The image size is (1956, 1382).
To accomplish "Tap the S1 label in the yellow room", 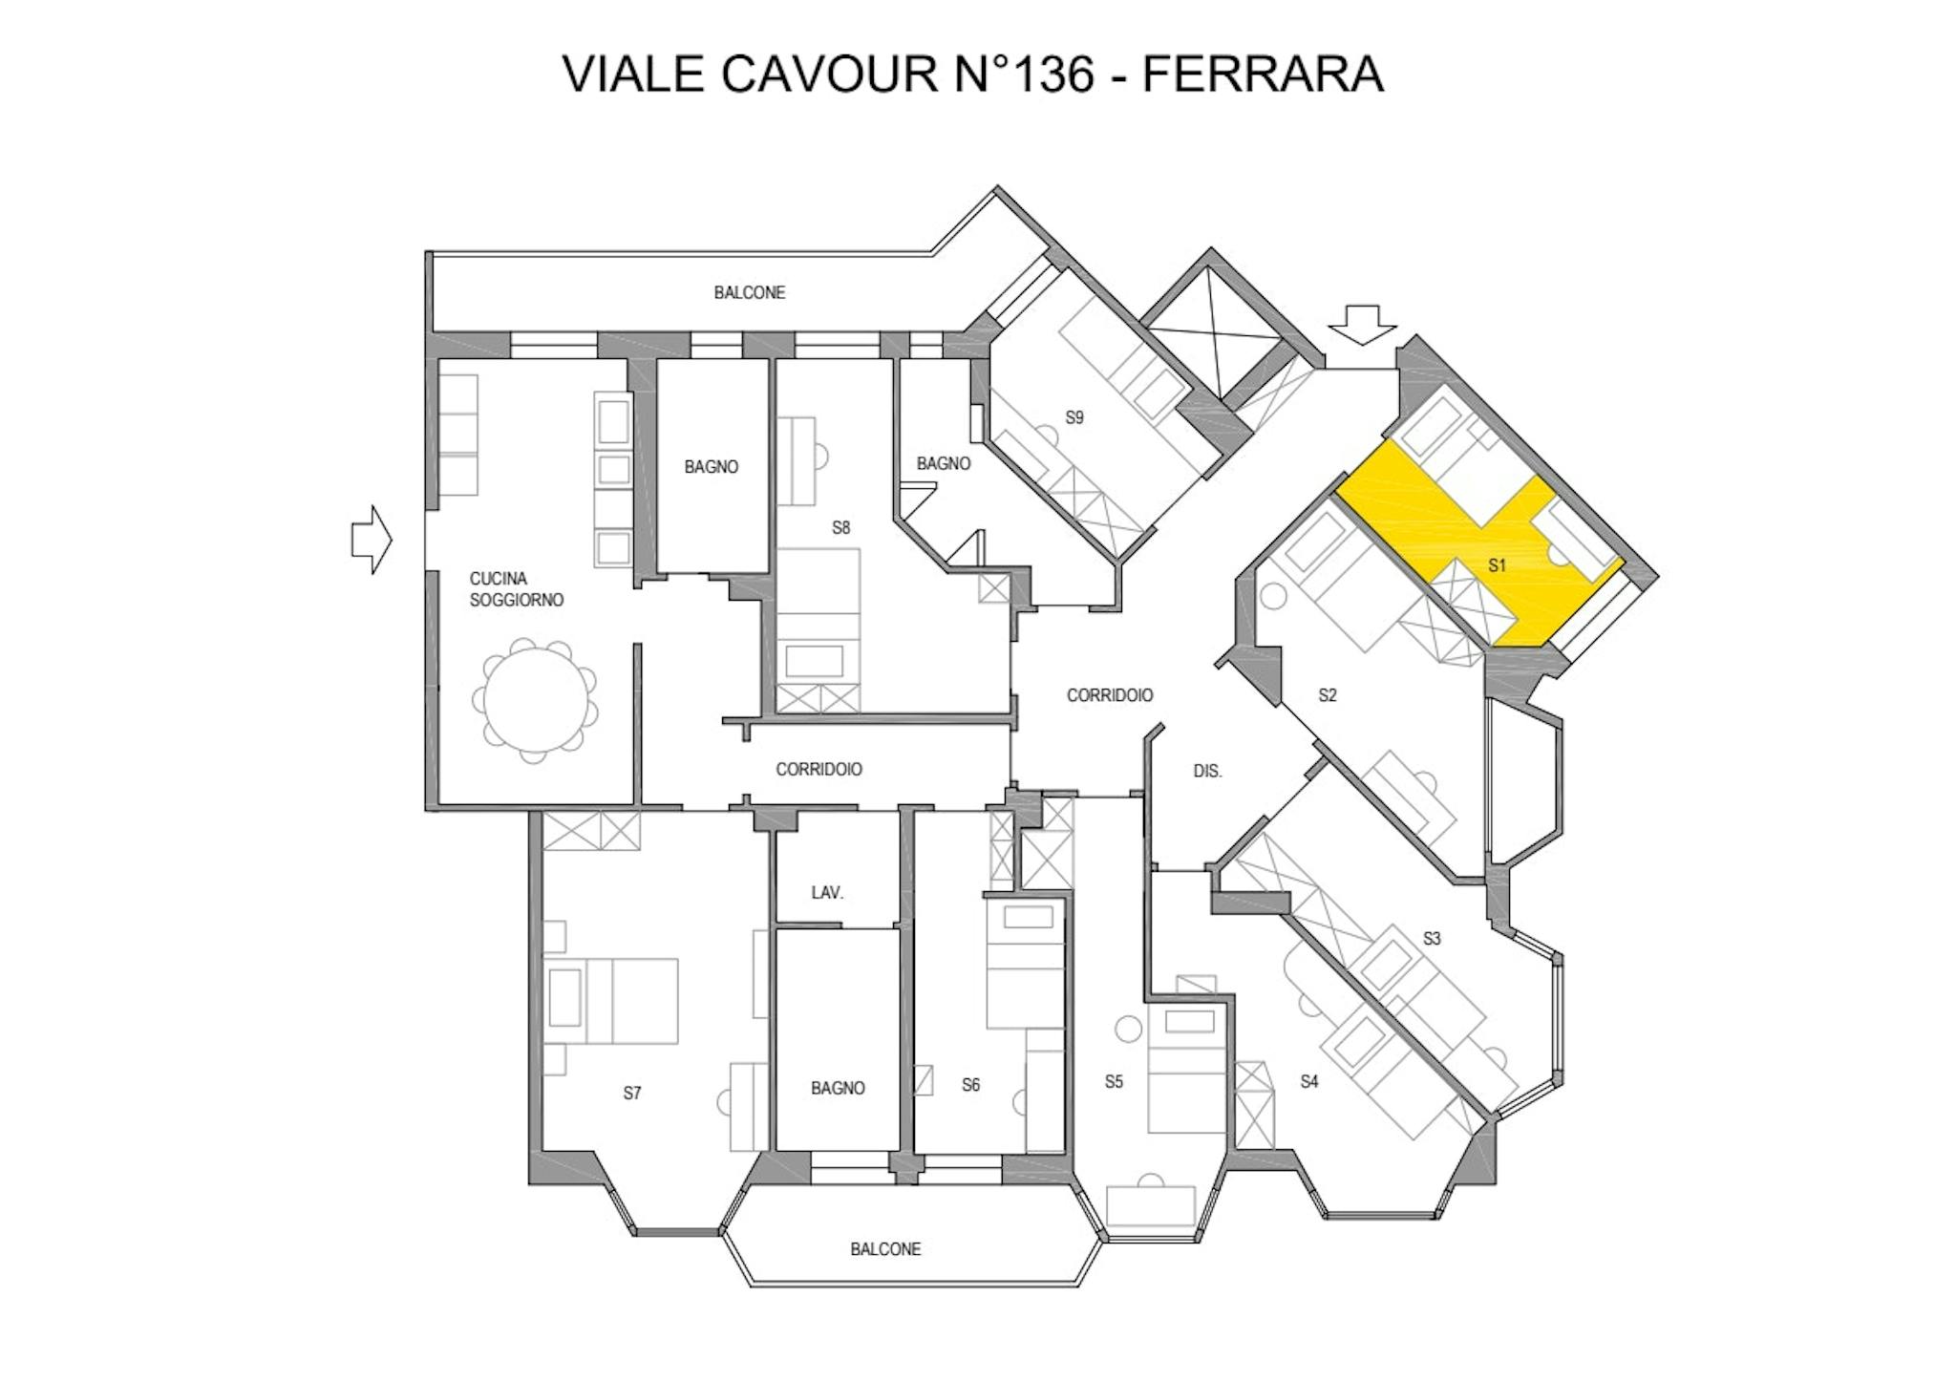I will click(x=1497, y=565).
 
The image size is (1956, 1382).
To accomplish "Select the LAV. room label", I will click(x=827, y=892).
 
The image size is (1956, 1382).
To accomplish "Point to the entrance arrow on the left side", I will click(x=372, y=541).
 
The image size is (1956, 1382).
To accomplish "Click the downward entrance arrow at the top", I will click(x=1363, y=324).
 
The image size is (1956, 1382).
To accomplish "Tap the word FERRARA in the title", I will click(x=1263, y=74).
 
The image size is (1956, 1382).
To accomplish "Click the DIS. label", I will click(x=1207, y=771).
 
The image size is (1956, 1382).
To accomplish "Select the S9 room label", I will click(x=1074, y=417).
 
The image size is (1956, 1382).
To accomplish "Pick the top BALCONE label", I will click(x=750, y=292).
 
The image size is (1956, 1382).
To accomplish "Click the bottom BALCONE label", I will click(x=885, y=1249).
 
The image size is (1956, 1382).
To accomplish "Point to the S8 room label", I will click(x=840, y=527).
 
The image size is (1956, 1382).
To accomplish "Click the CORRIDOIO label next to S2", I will click(x=1109, y=695).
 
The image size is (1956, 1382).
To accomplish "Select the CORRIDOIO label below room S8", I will click(x=819, y=769).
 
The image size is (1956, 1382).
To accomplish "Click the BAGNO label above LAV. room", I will click(x=712, y=467).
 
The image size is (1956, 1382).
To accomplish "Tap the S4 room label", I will click(x=1308, y=1081).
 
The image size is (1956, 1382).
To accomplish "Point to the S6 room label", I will click(x=970, y=1084).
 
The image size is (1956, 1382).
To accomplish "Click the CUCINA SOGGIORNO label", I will click(x=516, y=589).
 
